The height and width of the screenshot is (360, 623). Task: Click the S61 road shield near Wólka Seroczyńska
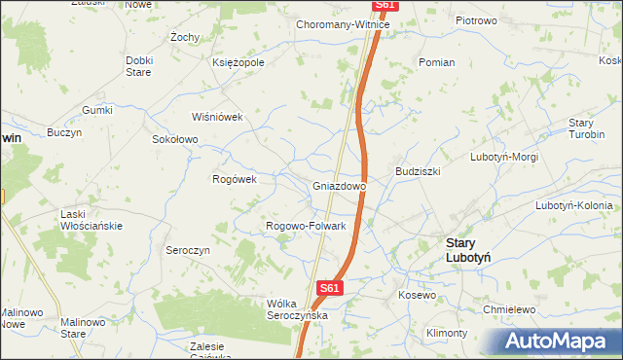point(331,288)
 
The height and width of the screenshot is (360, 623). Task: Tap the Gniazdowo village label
point(339,186)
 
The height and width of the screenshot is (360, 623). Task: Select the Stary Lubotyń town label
point(466,250)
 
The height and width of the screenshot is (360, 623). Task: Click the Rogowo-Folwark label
point(307,227)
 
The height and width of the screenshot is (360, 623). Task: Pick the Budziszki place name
point(419,170)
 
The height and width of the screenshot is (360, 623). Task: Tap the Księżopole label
point(238,62)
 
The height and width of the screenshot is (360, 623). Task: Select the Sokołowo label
point(175,139)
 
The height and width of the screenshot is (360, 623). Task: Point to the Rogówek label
point(234,179)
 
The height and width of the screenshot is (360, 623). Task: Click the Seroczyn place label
point(188,250)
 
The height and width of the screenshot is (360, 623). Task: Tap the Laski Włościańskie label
point(90,220)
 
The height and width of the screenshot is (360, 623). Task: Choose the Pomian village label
point(436,62)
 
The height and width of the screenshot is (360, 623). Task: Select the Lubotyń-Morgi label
point(503,157)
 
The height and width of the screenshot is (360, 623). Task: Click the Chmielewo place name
point(511,309)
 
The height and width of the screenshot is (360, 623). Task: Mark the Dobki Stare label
point(139,65)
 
